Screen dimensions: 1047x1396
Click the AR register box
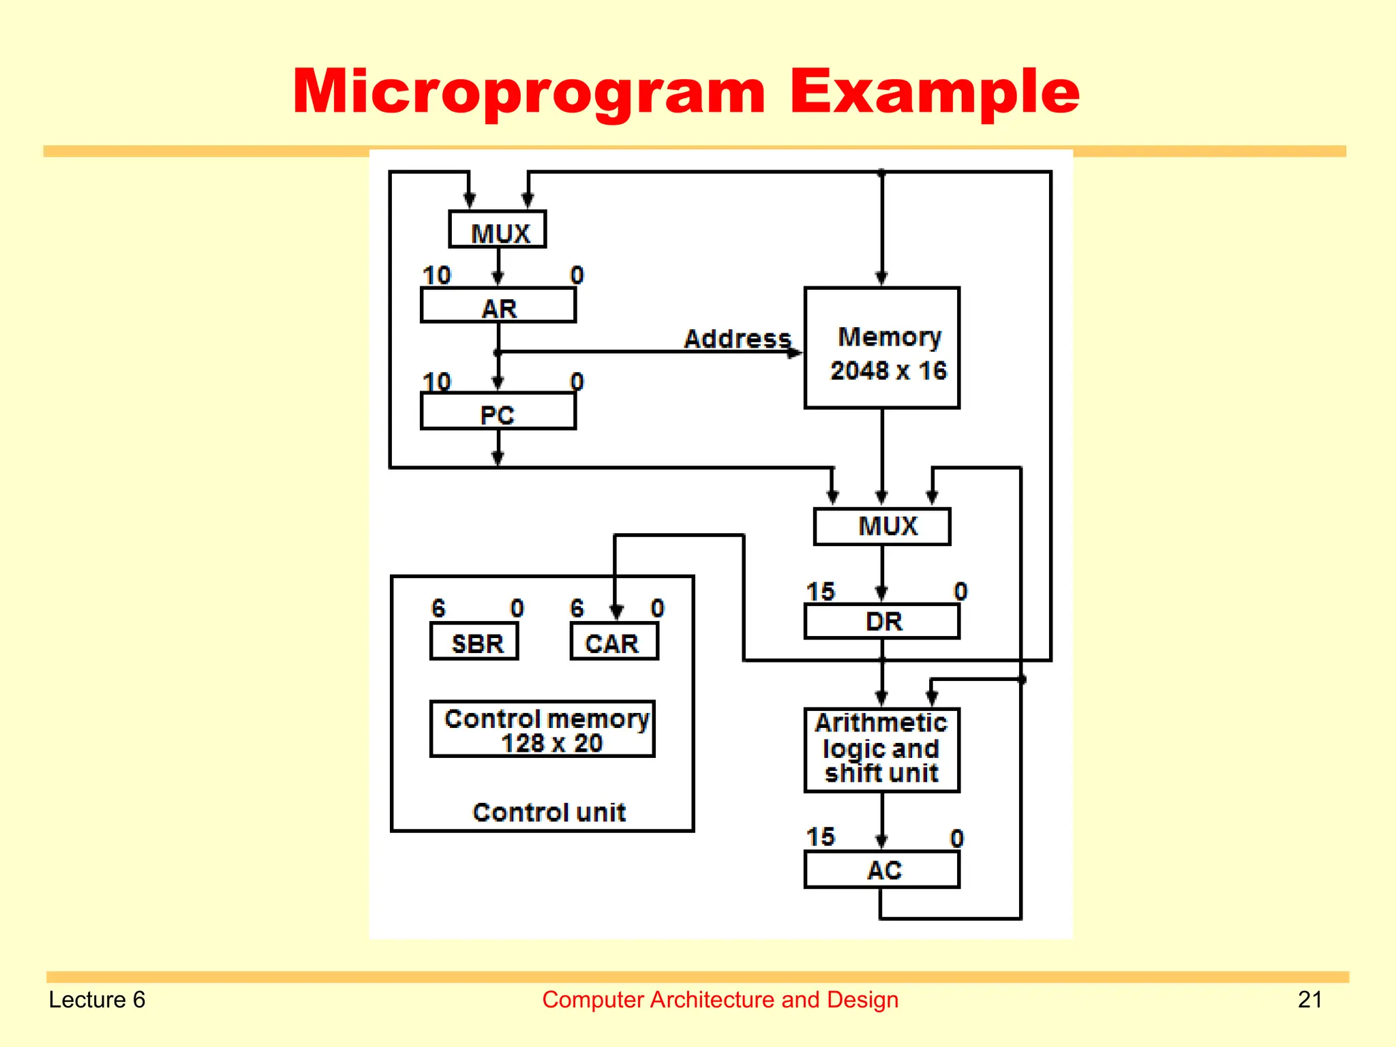click(x=498, y=305)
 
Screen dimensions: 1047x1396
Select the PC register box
click(x=498, y=412)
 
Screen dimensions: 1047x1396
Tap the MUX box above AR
click(x=498, y=230)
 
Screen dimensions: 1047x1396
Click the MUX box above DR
click(x=882, y=526)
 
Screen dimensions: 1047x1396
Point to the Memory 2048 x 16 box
click(x=882, y=348)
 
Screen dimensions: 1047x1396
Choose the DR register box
click(x=882, y=622)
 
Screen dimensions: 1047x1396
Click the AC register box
click(x=882, y=870)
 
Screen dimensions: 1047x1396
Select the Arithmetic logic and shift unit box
click(x=882, y=750)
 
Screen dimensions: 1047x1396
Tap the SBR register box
click(x=474, y=642)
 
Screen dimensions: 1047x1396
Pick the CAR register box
click(x=614, y=642)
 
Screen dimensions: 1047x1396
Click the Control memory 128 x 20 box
click(x=543, y=729)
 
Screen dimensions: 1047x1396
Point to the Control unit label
click(x=549, y=813)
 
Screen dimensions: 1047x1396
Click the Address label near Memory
click(x=737, y=338)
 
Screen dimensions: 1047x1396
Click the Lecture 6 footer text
click(x=97, y=999)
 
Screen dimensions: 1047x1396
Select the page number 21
click(x=1309, y=999)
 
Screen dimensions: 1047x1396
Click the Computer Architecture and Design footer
click(x=720, y=999)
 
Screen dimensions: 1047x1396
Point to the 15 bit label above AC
click(x=820, y=836)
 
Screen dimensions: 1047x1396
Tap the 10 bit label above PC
click(x=436, y=381)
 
